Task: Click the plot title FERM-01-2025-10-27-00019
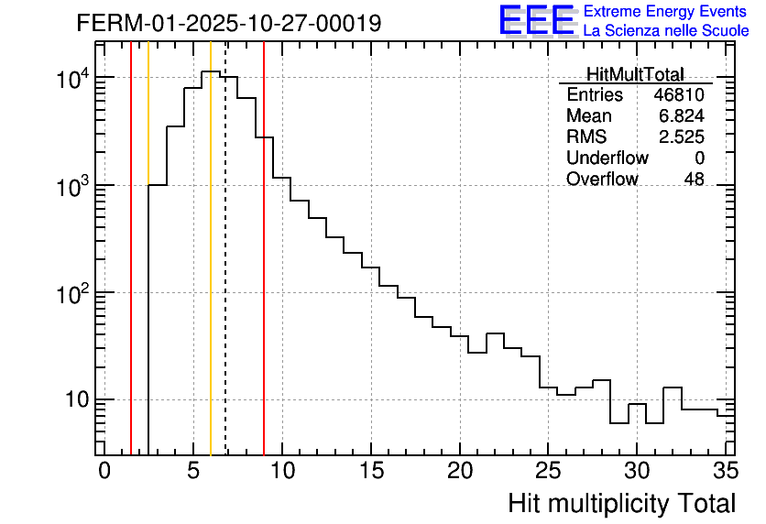point(228,23)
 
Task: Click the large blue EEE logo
point(536,20)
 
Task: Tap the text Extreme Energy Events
point(666,12)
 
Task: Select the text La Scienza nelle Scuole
point(666,31)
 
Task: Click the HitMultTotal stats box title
point(635,75)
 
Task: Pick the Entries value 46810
point(679,95)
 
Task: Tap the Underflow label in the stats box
point(607,158)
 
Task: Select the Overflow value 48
point(694,180)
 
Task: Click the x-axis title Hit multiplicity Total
point(621,503)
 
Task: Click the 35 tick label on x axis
point(725,471)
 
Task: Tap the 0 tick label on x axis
point(104,471)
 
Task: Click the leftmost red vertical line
point(131,275)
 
